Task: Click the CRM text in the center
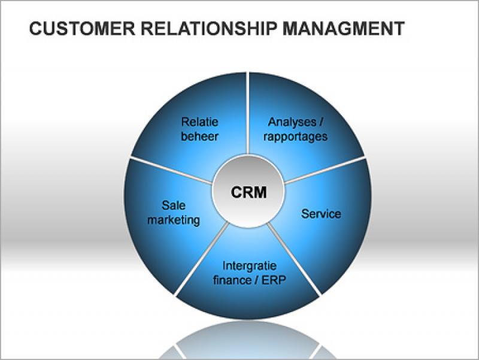coord(248,192)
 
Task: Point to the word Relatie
coord(199,122)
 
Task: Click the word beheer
coord(199,136)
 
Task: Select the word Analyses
coord(291,122)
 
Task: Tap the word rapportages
coord(295,136)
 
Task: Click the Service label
coord(321,214)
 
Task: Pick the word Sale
coord(173,206)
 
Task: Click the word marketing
coord(174,220)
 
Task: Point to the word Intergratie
coord(250,265)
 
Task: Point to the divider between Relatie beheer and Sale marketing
coord(171,170)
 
